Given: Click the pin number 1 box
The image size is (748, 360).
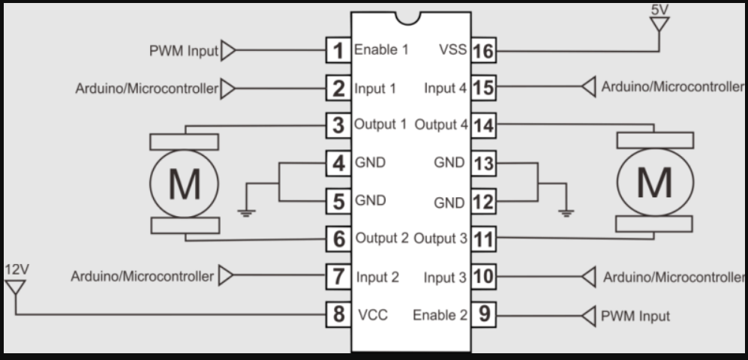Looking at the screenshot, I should (x=339, y=51).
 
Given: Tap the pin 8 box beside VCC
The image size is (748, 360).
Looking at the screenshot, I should (x=339, y=314).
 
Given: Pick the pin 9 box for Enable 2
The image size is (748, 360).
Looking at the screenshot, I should (x=484, y=314).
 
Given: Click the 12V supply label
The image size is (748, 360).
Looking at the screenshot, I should (x=17, y=268).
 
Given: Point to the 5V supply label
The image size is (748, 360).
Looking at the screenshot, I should (x=660, y=10).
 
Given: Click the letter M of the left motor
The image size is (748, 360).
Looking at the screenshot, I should (x=184, y=183).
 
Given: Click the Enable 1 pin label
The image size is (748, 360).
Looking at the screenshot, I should (x=381, y=51).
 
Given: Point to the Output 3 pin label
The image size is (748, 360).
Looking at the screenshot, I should (x=441, y=238).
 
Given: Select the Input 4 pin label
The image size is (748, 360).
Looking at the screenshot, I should (x=445, y=88).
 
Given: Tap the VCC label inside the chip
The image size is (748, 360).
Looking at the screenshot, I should (x=372, y=315).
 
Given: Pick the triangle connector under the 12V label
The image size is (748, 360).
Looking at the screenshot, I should (x=15, y=286).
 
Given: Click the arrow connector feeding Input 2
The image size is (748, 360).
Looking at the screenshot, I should (x=227, y=276).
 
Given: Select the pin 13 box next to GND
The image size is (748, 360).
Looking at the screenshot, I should (x=484, y=162).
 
